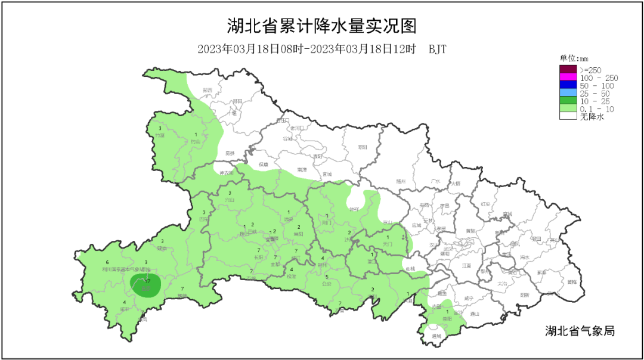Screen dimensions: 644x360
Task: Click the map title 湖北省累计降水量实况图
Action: pyautogui.click(x=321, y=26)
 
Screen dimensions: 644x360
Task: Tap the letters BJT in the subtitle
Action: pyautogui.click(x=437, y=49)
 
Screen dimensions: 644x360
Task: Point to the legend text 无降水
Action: pyautogui.click(x=592, y=117)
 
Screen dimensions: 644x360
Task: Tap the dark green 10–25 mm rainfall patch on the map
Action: pyautogui.click(x=143, y=286)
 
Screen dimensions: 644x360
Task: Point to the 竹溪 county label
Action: pyautogui.click(x=159, y=135)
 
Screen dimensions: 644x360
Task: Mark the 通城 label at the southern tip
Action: pyautogui.click(x=436, y=336)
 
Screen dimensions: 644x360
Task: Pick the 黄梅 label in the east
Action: pyautogui.click(x=572, y=282)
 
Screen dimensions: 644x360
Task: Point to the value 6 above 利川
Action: pyautogui.click(x=107, y=262)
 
